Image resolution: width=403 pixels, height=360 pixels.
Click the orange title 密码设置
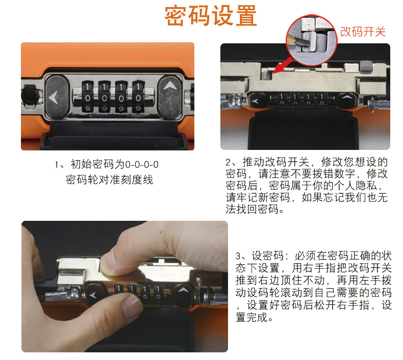211,16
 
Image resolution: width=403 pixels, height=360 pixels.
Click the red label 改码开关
363,32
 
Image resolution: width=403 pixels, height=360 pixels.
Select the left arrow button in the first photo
57,97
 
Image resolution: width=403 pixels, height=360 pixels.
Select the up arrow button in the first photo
170,97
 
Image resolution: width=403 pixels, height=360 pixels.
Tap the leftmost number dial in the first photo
88,97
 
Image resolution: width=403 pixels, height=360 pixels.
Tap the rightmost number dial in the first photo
138,97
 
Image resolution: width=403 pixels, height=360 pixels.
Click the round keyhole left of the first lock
30,95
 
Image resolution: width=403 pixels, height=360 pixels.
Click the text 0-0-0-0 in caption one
142,165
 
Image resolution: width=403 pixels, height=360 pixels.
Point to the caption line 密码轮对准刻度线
110,179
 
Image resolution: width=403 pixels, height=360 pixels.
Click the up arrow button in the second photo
347,99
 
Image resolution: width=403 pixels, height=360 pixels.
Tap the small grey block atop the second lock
366,66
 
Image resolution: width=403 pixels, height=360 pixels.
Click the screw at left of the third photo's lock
75,292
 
